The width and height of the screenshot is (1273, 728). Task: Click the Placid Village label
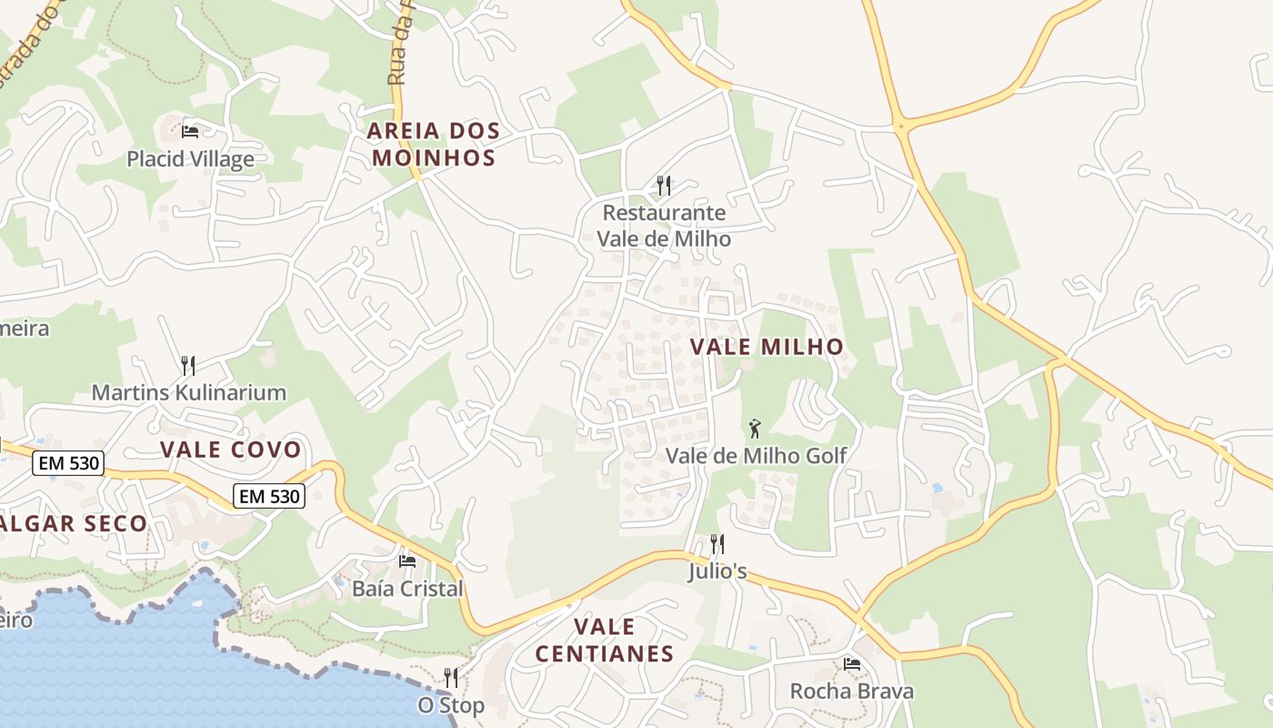click(190, 159)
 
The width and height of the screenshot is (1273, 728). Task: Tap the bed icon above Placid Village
click(190, 131)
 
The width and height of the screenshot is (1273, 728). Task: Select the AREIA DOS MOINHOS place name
click(433, 144)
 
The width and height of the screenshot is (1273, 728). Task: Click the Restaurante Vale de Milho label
click(664, 226)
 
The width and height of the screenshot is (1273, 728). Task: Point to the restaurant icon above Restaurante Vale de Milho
click(664, 186)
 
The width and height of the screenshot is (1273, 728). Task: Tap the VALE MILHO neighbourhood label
click(767, 347)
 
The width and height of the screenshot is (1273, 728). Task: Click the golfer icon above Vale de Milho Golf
click(755, 428)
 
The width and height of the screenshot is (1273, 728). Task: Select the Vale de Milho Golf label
click(756, 455)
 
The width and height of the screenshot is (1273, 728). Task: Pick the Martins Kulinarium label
click(188, 393)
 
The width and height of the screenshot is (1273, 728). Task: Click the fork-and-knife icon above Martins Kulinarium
click(188, 366)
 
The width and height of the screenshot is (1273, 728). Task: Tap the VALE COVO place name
click(230, 450)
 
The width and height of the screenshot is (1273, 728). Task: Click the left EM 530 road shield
click(69, 463)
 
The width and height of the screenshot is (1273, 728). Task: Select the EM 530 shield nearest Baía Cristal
click(269, 496)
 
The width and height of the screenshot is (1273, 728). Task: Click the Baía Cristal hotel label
click(407, 589)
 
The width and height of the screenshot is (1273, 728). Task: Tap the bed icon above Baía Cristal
click(407, 561)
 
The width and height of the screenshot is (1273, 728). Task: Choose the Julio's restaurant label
click(717, 571)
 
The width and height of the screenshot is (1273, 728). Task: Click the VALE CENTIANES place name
click(605, 640)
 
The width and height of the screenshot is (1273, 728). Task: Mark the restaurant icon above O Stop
click(450, 678)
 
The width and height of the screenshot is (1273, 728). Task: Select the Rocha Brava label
click(851, 691)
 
